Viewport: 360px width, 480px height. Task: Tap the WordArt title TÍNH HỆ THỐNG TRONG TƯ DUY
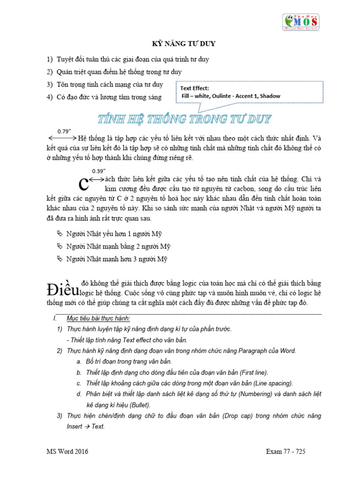pyautogui.click(x=184, y=119)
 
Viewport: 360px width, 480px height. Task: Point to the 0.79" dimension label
pyautogui.click(x=64, y=131)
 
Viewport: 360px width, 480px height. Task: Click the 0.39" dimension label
pyautogui.click(x=99, y=171)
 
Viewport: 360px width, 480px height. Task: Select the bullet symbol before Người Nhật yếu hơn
pyautogui.click(x=59, y=233)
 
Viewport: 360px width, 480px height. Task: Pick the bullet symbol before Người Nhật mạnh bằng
pyautogui.click(x=59, y=246)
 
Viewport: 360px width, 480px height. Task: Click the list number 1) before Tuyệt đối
pyautogui.click(x=49, y=60)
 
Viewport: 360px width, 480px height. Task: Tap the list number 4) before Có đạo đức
pyautogui.click(x=49, y=97)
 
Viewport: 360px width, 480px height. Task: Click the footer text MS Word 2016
pyautogui.click(x=67, y=451)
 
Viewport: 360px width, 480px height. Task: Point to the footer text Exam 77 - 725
pyautogui.click(x=285, y=451)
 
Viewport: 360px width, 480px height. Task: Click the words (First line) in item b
pyautogui.click(x=253, y=372)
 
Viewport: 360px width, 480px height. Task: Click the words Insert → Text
pyautogui.click(x=86, y=427)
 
